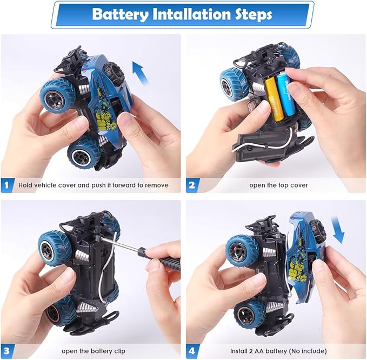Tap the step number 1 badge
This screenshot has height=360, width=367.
[x=8, y=185]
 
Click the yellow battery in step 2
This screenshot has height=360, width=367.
[x=270, y=98]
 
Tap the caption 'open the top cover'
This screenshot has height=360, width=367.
[x=278, y=185]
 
